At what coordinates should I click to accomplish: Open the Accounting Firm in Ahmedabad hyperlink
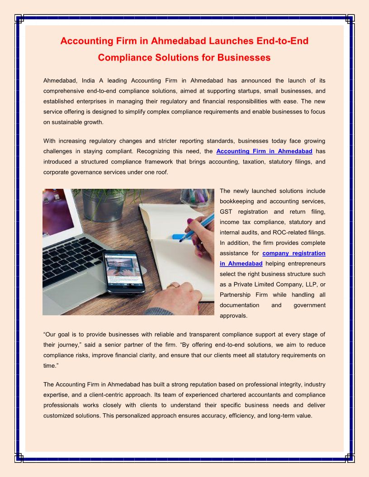tap(264, 151)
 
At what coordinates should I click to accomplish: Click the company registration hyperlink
tap(294, 253)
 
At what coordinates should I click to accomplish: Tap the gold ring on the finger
tap(173, 285)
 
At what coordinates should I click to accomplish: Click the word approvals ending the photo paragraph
tap(234, 315)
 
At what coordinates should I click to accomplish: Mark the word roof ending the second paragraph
tap(161, 172)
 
